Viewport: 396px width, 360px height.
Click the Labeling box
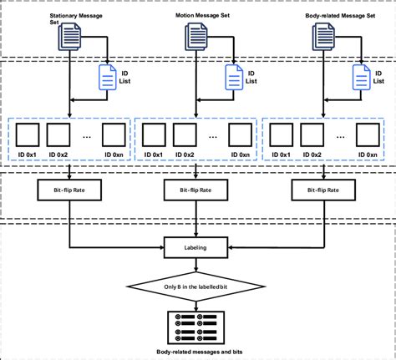pyautogui.click(x=197, y=247)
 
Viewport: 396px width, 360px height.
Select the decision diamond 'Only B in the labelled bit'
pyautogui.click(x=197, y=288)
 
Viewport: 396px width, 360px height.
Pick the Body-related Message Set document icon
pyautogui.click(x=325, y=37)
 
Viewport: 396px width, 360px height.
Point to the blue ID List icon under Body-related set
pyautogui.click(x=361, y=77)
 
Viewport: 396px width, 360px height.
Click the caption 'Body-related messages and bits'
pyautogui.click(x=197, y=352)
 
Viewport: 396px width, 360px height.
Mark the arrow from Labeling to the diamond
pyautogui.click(x=197, y=265)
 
